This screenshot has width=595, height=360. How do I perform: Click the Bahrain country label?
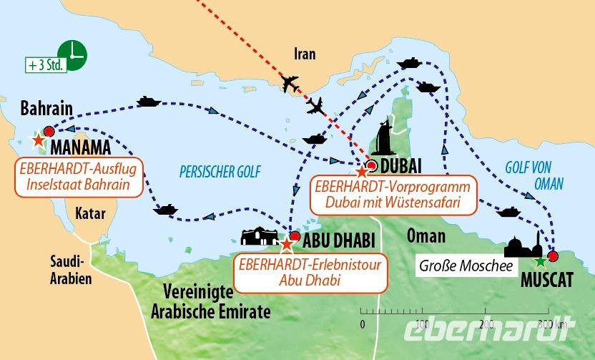point(46,108)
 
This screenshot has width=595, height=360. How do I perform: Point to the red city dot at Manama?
point(49,131)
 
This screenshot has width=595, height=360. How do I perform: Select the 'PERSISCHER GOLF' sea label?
point(220,172)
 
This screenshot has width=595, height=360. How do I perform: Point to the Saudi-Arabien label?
point(70,270)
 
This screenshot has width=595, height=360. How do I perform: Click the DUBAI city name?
point(401,167)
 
